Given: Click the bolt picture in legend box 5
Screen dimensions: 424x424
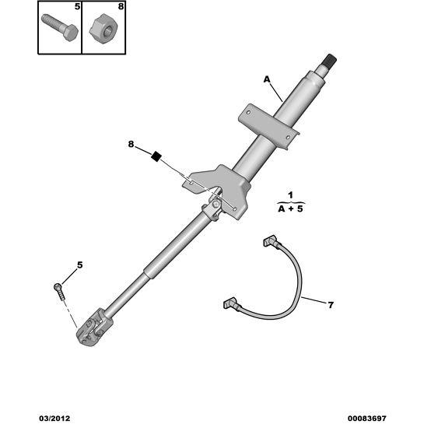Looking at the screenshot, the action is [x=60, y=27].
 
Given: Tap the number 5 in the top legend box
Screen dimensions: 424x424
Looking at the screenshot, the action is [x=77, y=6].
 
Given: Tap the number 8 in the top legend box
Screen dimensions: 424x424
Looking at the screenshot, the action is [x=121, y=6].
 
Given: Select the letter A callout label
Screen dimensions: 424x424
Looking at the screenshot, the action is [x=267, y=79].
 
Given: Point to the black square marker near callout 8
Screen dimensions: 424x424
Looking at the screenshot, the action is [x=156, y=156].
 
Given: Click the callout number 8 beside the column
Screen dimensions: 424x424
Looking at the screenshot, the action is [x=131, y=145].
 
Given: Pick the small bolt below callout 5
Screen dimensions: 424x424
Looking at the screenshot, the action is [x=60, y=291].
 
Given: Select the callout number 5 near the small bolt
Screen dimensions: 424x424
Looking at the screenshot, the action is [x=80, y=265].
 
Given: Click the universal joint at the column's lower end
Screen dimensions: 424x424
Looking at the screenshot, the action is [x=91, y=327].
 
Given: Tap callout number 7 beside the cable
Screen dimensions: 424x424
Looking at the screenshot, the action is [x=331, y=305].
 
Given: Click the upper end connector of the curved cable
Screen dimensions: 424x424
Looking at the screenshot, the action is [x=271, y=240].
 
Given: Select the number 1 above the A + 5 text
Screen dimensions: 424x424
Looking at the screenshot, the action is [x=291, y=195].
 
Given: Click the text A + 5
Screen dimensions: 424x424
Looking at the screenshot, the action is [x=291, y=208].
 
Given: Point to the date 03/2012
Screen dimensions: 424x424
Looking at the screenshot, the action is [x=55, y=419].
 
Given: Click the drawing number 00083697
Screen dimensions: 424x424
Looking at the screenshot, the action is [x=367, y=419].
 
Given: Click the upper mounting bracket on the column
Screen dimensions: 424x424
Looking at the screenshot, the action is [x=268, y=125].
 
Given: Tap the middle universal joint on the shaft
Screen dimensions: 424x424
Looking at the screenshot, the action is [x=214, y=208].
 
